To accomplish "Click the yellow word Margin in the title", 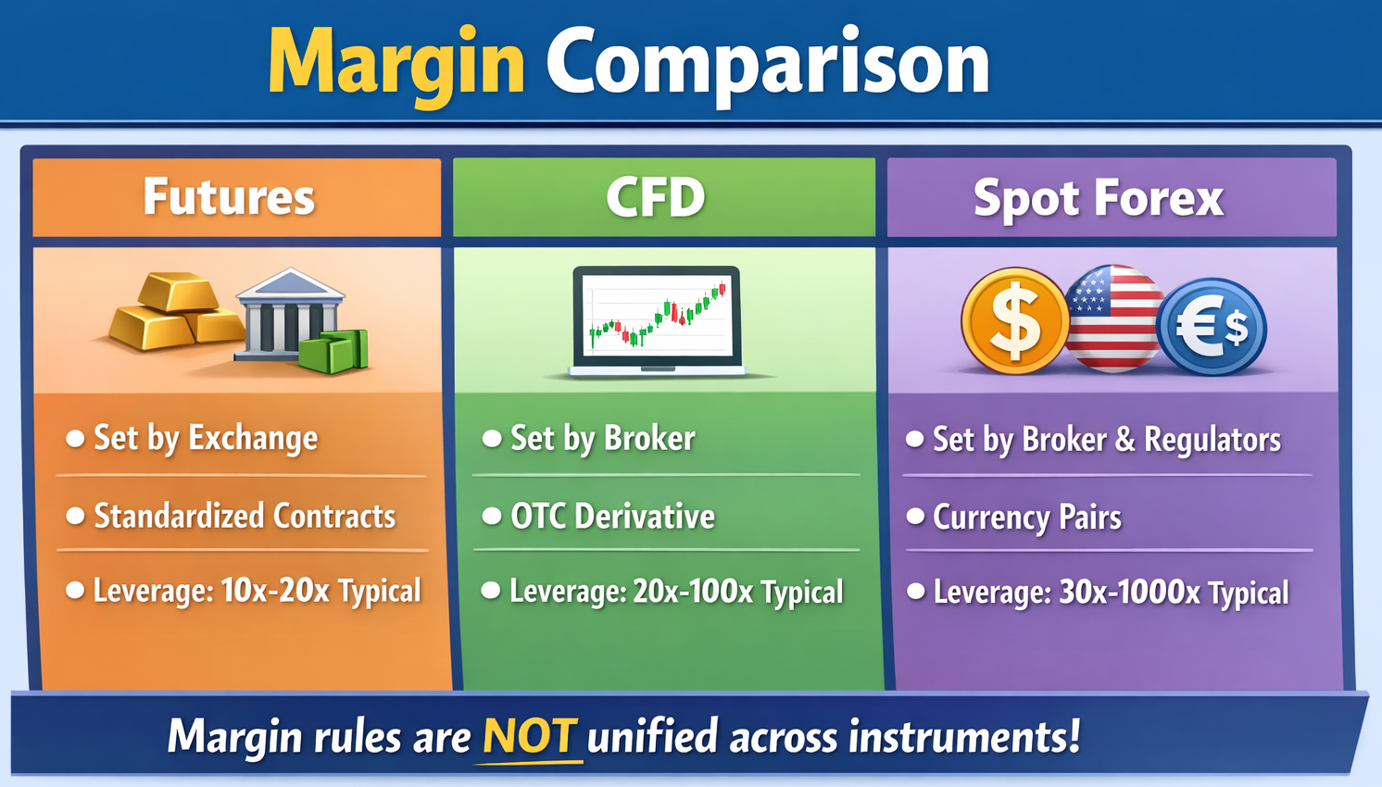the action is pyautogui.click(x=396, y=67).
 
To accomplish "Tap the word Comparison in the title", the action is pyautogui.click(x=768, y=67).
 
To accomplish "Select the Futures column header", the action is pyautogui.click(x=229, y=197).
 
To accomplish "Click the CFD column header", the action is pyautogui.click(x=655, y=197).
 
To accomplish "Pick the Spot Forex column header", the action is pyautogui.click(x=1099, y=198).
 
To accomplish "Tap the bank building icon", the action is pyautogui.click(x=289, y=315).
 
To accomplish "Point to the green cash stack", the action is pyautogui.click(x=333, y=352).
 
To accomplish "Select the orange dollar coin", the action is pyautogui.click(x=1015, y=320).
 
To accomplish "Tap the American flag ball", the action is pyautogui.click(x=1113, y=319).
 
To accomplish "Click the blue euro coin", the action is pyautogui.click(x=1212, y=327).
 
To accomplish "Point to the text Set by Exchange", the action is pyautogui.click(x=206, y=439).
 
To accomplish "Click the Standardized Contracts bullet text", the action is pyautogui.click(x=245, y=516).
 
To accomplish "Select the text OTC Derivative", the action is pyautogui.click(x=612, y=516).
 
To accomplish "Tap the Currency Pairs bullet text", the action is pyautogui.click(x=1026, y=518).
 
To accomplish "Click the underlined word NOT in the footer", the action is pyautogui.click(x=529, y=736).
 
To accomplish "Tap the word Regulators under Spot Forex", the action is pyautogui.click(x=1212, y=440).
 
